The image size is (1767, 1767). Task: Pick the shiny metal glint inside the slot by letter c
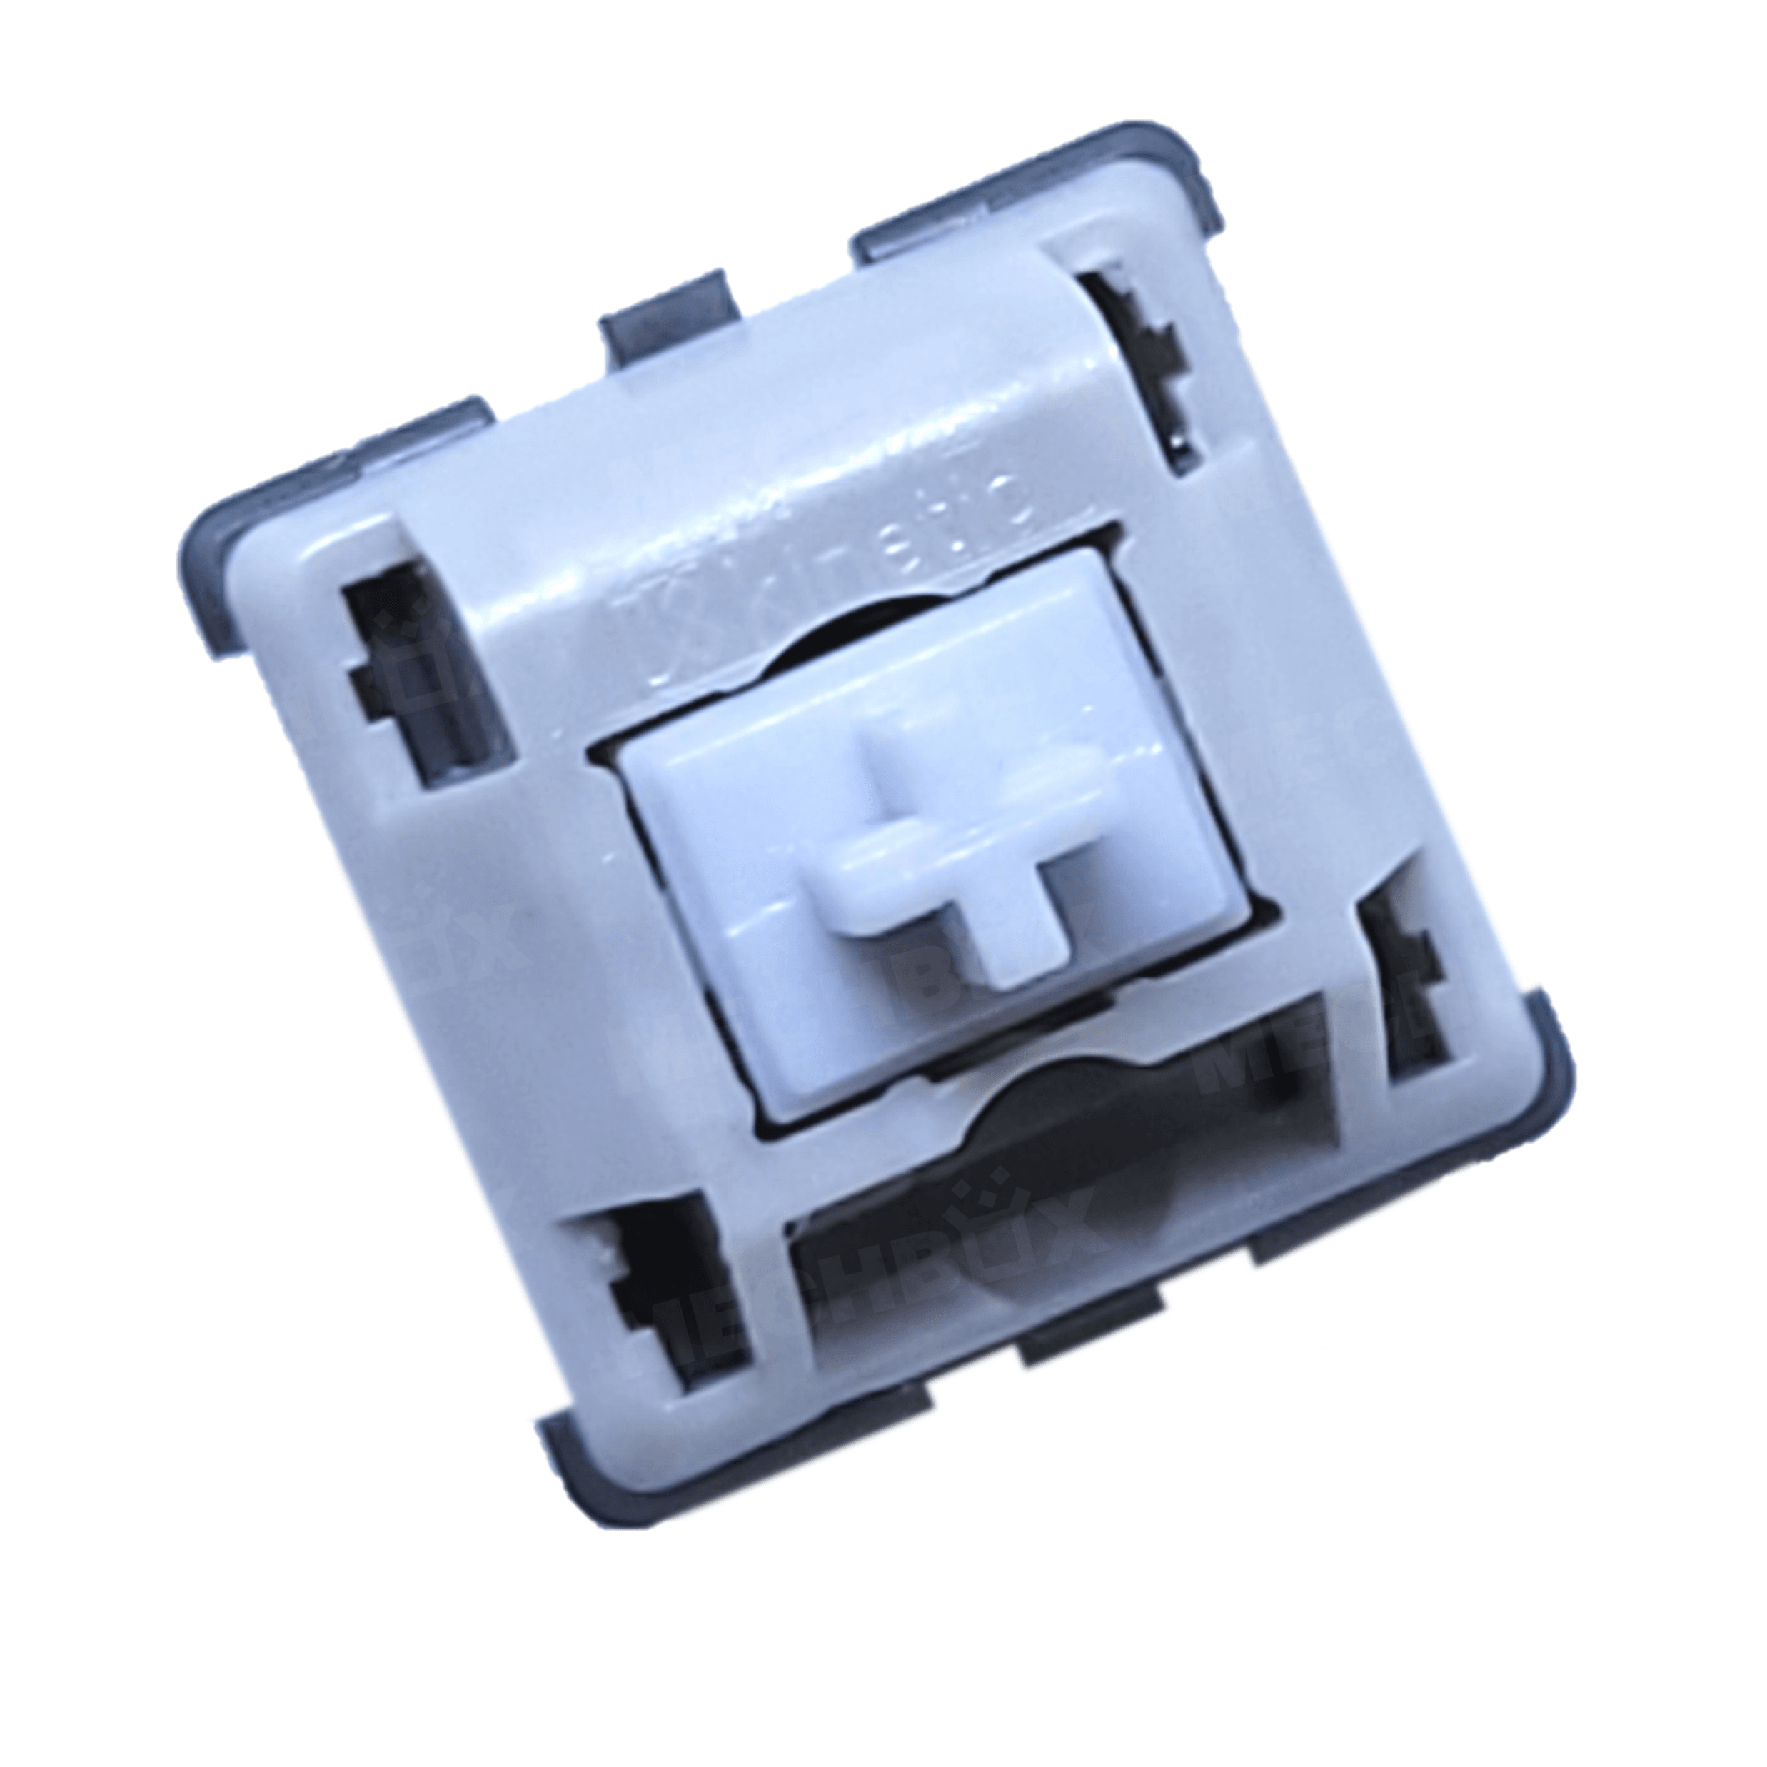pos(1180,439)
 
